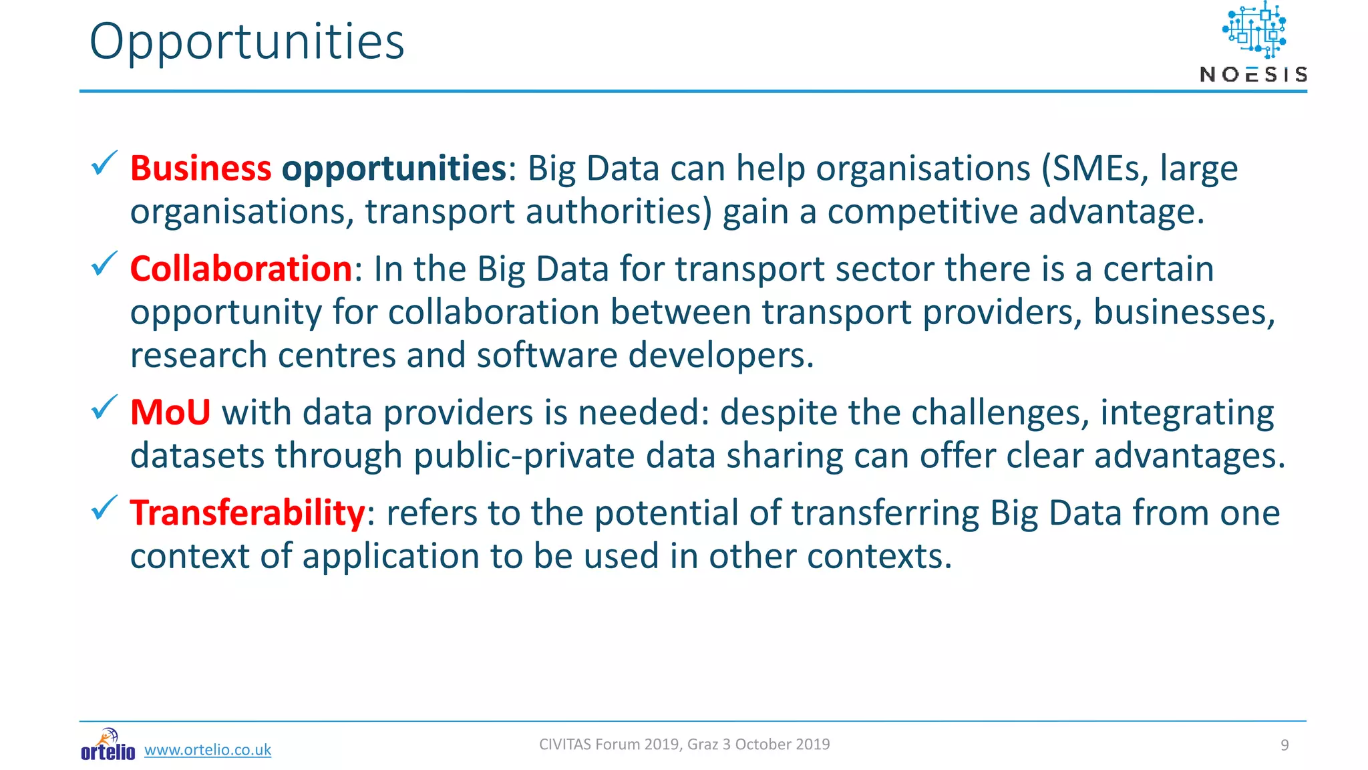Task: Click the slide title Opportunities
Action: pyautogui.click(x=246, y=42)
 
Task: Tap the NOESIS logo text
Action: pyautogui.click(x=1253, y=74)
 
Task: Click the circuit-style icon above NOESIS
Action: pyautogui.click(x=1254, y=30)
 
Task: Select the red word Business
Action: pyautogui.click(x=200, y=168)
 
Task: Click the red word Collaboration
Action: pyautogui.click(x=240, y=269)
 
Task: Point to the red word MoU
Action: pyautogui.click(x=170, y=412)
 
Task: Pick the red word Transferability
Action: pyautogui.click(x=247, y=513)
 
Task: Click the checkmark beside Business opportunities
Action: pyautogui.click(x=104, y=163)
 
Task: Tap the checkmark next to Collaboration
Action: pyautogui.click(x=104, y=264)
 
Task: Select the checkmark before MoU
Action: pyautogui.click(x=104, y=407)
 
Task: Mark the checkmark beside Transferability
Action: pyautogui.click(x=104, y=508)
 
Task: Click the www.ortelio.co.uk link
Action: pyautogui.click(x=208, y=750)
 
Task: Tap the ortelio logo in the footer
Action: pyautogui.click(x=108, y=745)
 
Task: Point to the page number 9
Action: pyautogui.click(x=1284, y=745)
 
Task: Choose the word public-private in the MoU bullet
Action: pyautogui.click(x=524, y=456)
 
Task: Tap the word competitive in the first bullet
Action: pyautogui.click(x=922, y=212)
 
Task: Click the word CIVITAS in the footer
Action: pyautogui.click(x=565, y=745)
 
